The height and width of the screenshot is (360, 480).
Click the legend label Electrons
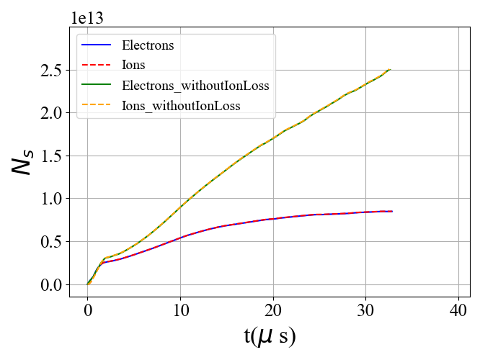point(148,45)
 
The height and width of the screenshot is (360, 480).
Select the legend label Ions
point(133,66)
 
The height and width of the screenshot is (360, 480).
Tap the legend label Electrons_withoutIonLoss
point(195,86)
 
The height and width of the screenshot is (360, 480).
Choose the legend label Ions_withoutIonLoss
point(181,106)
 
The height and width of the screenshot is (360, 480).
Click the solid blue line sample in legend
point(96,45)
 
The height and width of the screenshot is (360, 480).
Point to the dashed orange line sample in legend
point(96,106)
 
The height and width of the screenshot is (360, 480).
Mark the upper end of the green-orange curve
point(390,70)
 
